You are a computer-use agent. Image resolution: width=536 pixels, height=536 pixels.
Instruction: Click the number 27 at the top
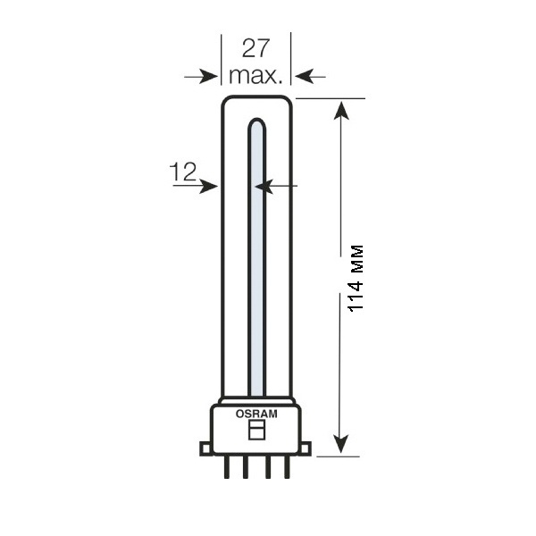coord(255,48)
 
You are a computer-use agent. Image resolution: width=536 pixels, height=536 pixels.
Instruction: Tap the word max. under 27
coord(255,76)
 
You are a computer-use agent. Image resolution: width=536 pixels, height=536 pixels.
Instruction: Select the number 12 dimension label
coord(183,172)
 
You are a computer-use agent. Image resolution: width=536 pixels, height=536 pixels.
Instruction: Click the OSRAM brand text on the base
coord(256,414)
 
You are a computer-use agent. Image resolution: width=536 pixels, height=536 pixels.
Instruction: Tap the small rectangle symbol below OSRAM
coord(257,430)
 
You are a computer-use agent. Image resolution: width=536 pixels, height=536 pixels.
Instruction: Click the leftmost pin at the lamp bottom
coord(227,467)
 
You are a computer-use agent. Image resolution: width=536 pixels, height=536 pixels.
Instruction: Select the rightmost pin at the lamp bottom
coord(287,467)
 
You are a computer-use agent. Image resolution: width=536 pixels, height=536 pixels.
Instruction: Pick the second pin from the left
coord(246,467)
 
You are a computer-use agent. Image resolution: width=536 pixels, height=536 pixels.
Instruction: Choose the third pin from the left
coord(268,467)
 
